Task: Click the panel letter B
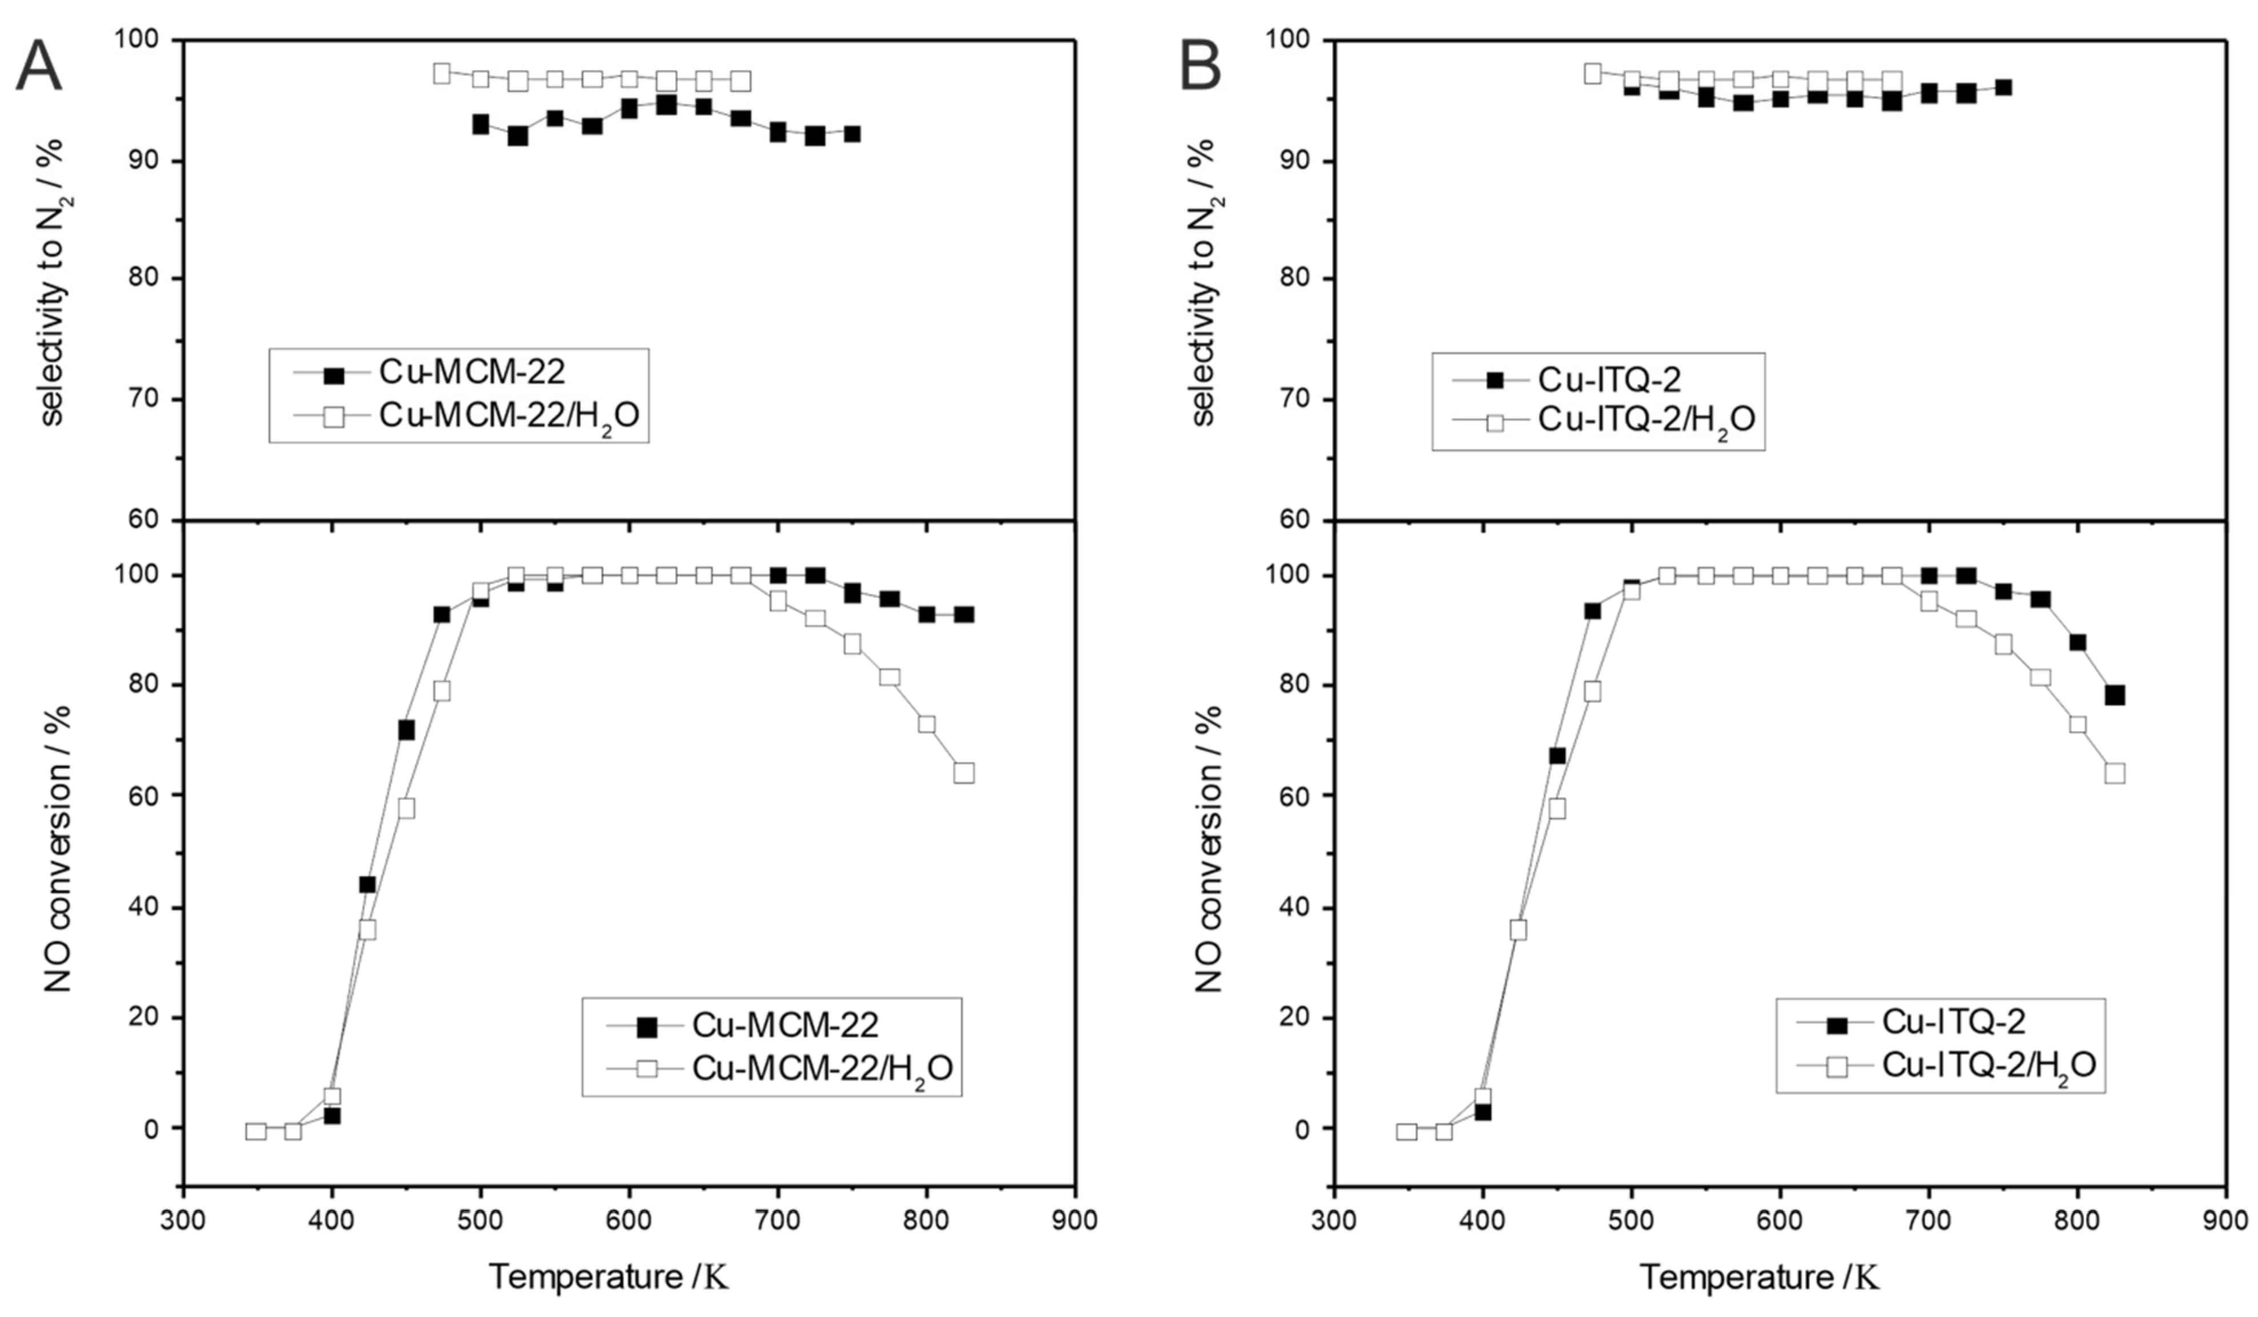[1201, 67]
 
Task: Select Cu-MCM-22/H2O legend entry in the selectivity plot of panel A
[509, 416]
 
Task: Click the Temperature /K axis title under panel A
[609, 1276]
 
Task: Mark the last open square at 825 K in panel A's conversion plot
[963, 772]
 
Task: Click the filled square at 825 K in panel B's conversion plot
[2115, 695]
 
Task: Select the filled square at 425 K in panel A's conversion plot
[367, 884]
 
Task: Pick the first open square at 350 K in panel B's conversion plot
[1407, 1131]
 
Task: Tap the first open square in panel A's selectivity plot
[442, 74]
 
